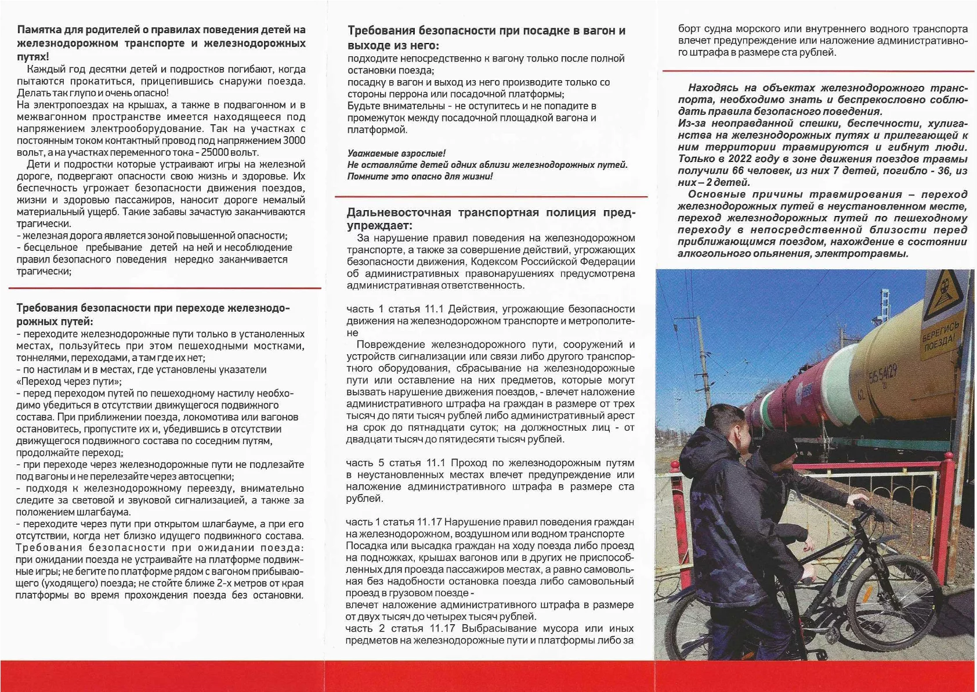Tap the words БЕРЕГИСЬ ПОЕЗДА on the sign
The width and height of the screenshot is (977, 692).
click(x=941, y=336)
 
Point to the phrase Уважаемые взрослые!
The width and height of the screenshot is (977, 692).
click(x=396, y=153)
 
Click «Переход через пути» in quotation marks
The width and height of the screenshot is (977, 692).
click(x=69, y=381)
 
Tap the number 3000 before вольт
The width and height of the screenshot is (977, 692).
click(x=294, y=140)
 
